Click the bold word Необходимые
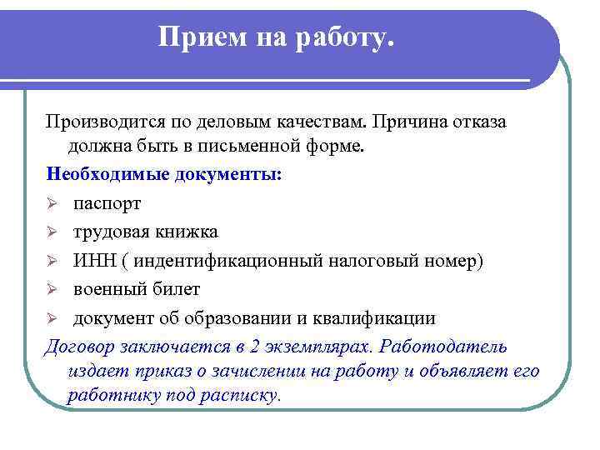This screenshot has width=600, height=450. [x=107, y=177]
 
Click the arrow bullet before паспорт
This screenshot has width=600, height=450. [x=52, y=204]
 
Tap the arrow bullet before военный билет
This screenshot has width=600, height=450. [x=52, y=289]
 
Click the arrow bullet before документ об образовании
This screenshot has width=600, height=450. [x=52, y=317]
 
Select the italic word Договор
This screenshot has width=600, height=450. [x=79, y=346]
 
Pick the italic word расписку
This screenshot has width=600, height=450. [x=241, y=396]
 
